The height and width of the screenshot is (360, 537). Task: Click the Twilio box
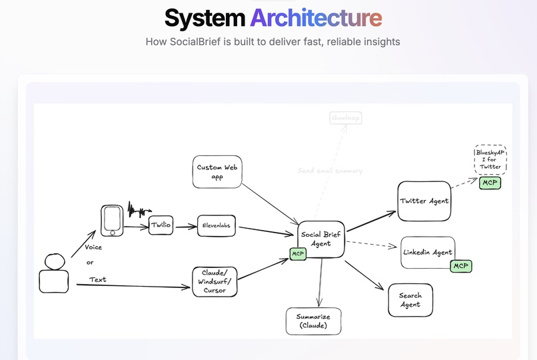[161, 225]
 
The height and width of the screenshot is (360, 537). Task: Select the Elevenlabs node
[217, 226]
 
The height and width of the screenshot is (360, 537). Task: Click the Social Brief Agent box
[321, 239]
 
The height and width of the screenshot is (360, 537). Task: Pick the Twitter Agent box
[424, 201]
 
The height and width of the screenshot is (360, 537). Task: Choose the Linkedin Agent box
[428, 252]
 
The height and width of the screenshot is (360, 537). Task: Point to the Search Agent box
[410, 300]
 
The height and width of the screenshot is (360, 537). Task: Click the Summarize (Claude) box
[314, 321]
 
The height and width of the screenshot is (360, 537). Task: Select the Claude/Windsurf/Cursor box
[215, 281]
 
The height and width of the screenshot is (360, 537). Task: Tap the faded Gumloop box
[346, 118]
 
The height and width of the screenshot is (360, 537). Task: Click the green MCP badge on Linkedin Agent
[460, 266]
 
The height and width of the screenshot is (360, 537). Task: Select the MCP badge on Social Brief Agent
[298, 254]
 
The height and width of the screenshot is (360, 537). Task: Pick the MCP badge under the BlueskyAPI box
[490, 183]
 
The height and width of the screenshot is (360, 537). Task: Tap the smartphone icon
[112, 220]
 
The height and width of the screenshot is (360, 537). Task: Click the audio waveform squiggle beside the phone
[139, 211]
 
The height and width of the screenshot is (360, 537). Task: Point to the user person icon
[53, 274]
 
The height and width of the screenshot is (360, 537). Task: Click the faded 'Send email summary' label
[330, 171]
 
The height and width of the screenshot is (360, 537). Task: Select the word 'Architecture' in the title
[316, 18]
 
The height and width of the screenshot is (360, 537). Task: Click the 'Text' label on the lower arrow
[98, 279]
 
